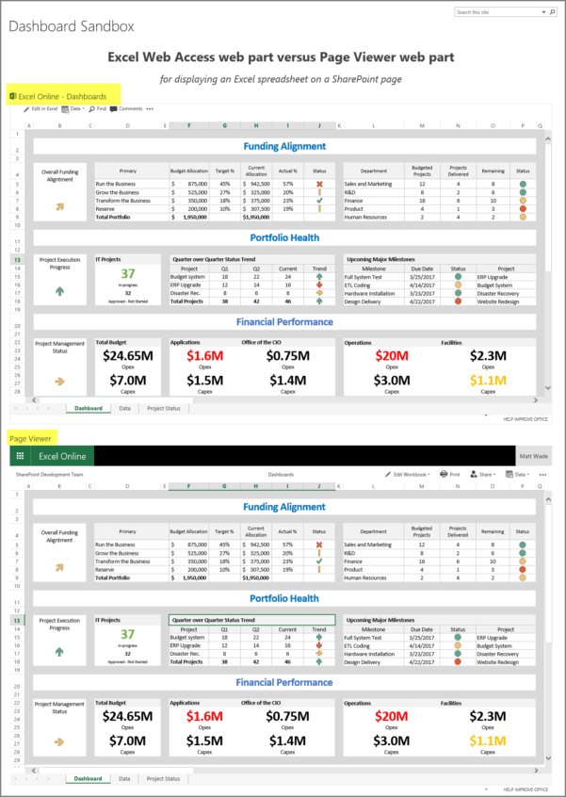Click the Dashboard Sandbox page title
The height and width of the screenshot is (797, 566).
pos(72,27)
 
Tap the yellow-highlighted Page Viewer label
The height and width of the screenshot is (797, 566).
pos(31,438)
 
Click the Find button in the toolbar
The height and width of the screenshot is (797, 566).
pos(100,109)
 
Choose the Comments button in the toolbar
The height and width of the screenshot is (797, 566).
pos(126,109)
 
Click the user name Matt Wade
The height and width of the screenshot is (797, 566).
pos(532,456)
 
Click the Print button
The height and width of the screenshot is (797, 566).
pos(453,475)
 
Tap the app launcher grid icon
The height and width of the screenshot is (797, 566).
pos(18,455)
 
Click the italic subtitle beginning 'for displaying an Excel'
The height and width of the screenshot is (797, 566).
pos(282,78)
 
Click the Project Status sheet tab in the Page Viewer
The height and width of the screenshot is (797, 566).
pos(163,779)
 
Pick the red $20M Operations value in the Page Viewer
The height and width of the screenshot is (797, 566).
pos(390,716)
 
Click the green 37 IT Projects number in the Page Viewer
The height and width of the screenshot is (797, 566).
pos(126,635)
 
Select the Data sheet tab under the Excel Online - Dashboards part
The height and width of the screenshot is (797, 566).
pos(124,409)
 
